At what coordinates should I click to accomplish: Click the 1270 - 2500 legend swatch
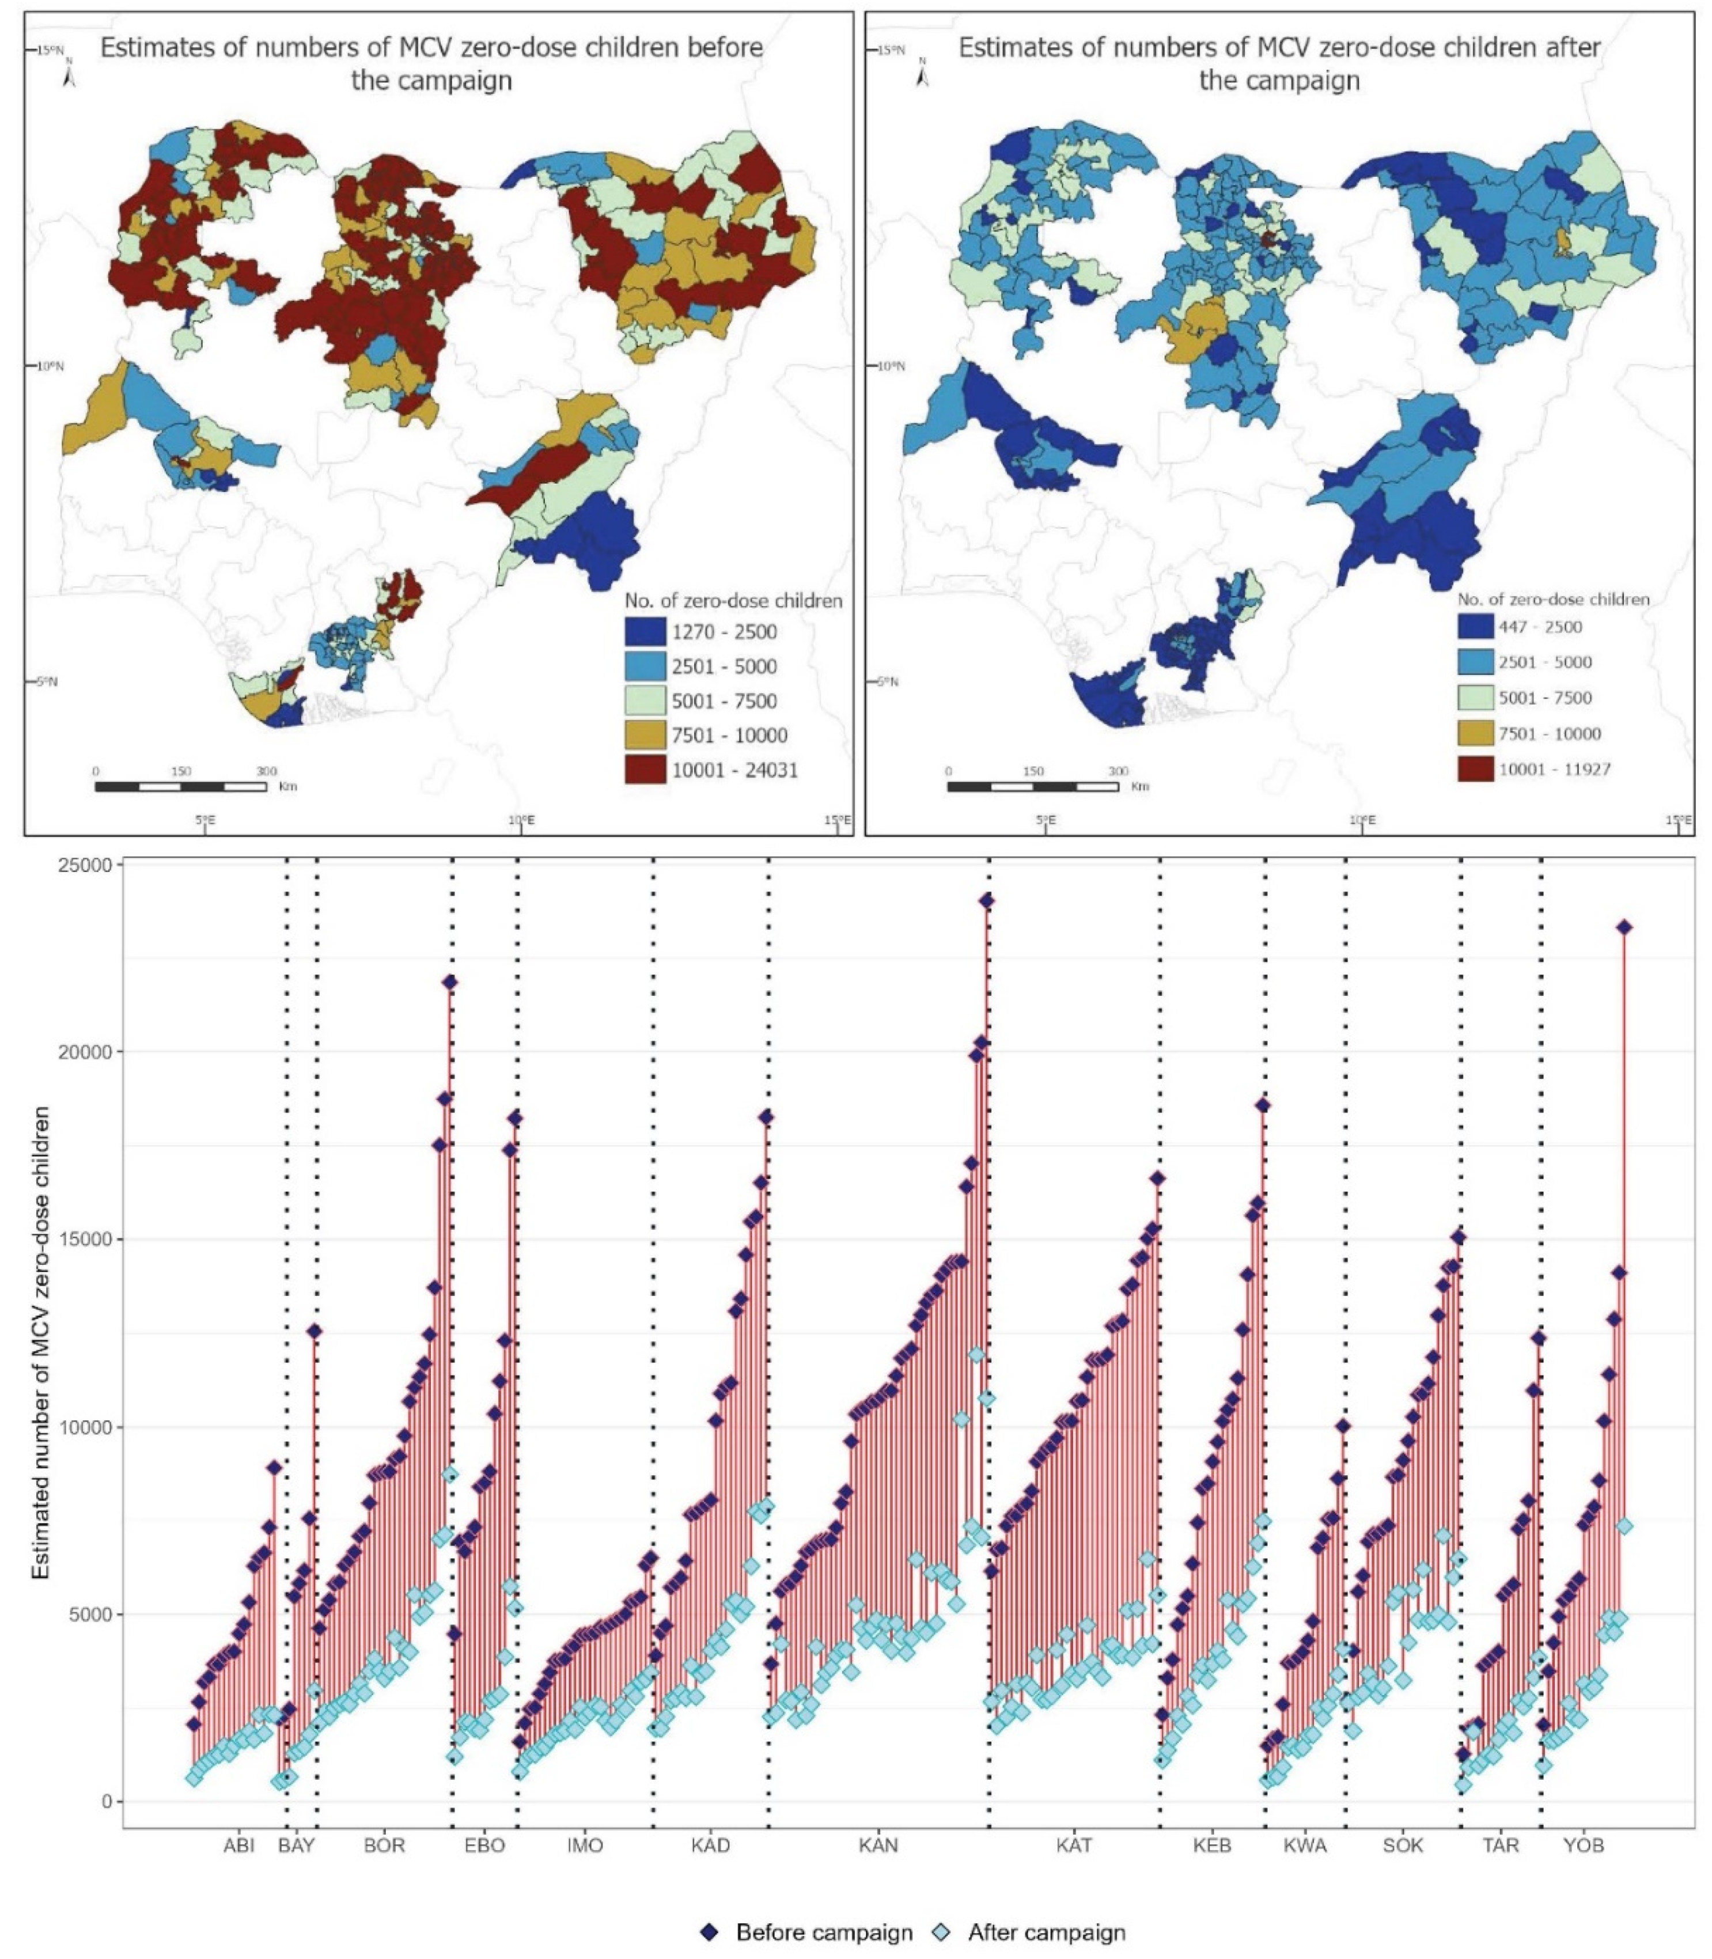645,631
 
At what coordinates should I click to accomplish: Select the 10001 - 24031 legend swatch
645,770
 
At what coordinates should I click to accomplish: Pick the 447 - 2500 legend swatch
1475,627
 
